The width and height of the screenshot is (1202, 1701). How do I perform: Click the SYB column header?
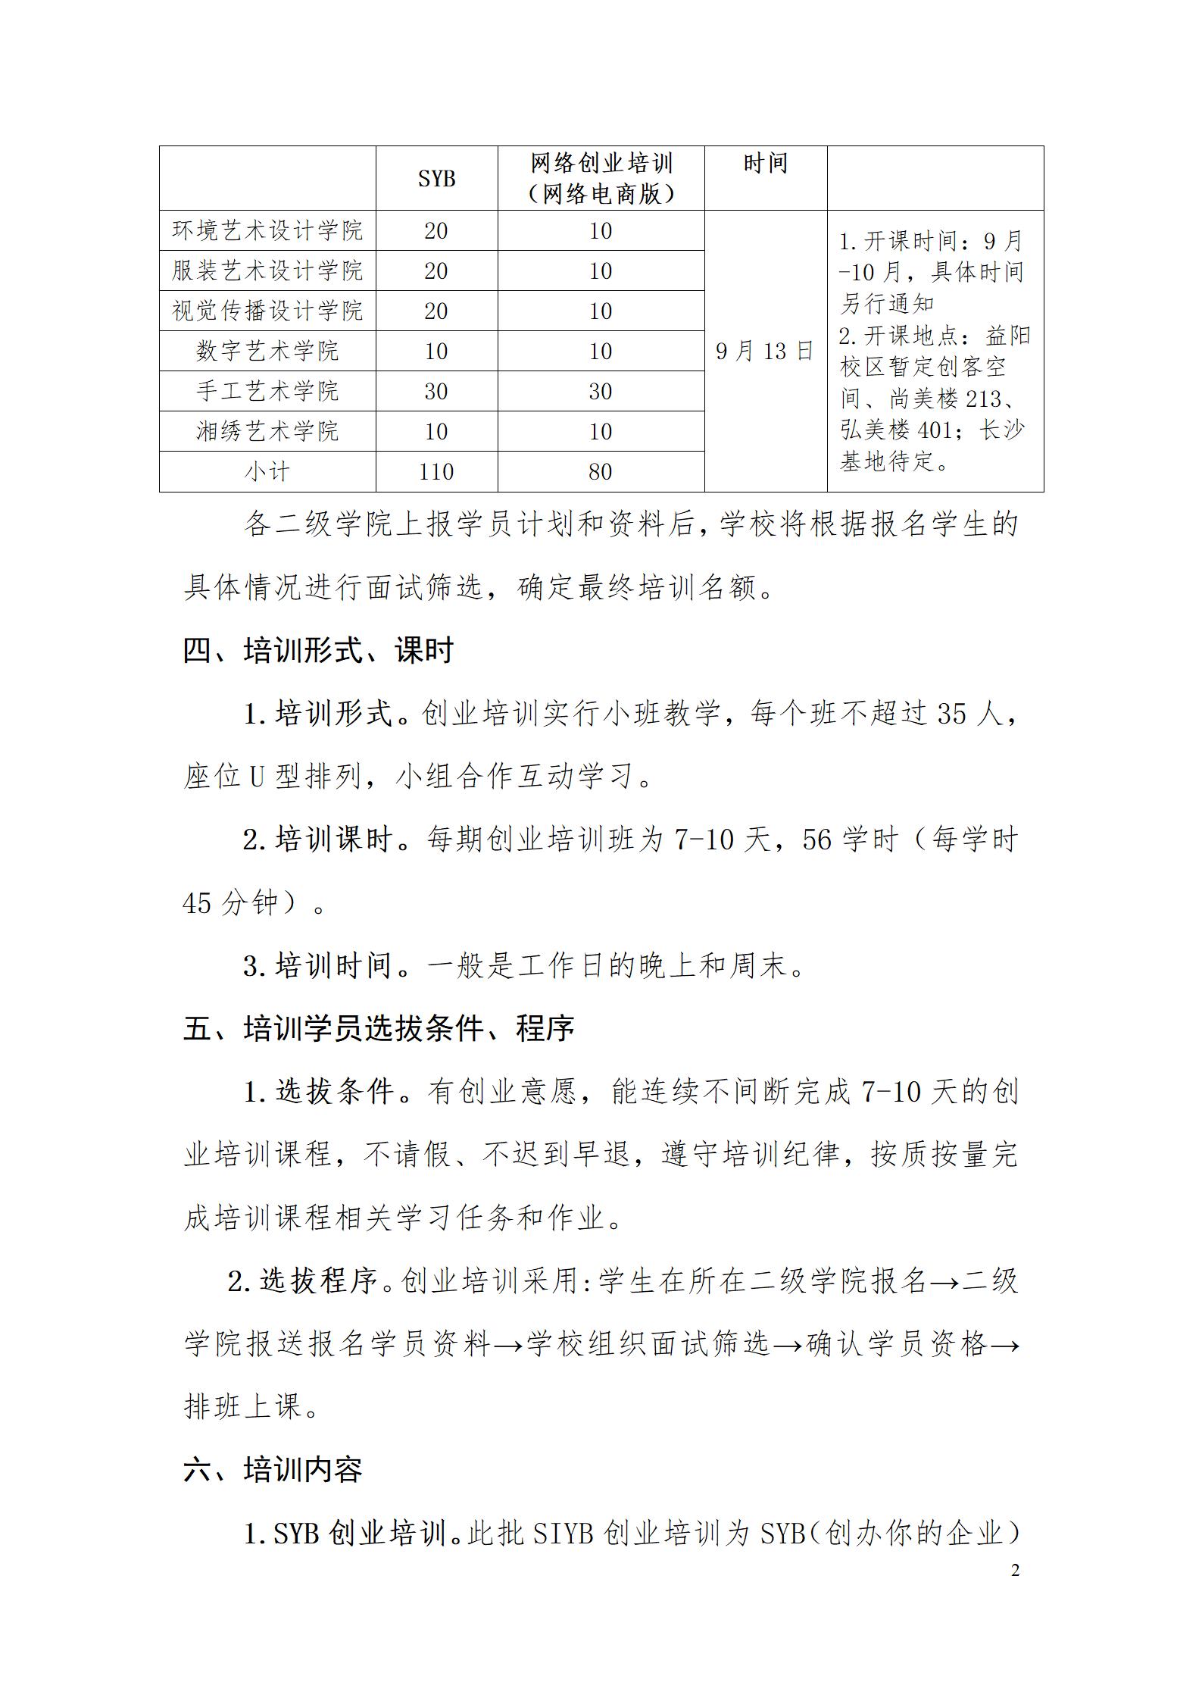point(436,179)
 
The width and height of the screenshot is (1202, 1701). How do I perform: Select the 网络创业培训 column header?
point(601,178)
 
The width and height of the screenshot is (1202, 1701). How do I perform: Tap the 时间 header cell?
point(765,164)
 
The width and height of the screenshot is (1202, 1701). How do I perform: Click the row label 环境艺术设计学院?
point(267,230)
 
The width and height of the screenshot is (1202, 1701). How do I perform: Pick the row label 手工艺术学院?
point(267,391)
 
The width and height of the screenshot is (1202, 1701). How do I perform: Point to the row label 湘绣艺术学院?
point(267,431)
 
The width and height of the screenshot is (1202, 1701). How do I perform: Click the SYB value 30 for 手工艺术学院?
point(436,392)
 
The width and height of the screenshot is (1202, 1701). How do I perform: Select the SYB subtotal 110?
point(436,472)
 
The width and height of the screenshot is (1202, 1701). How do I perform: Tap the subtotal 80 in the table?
point(601,472)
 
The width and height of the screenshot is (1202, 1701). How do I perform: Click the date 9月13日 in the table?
point(765,351)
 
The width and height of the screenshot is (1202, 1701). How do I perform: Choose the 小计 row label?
point(267,472)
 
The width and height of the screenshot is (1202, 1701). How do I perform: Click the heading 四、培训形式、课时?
point(318,651)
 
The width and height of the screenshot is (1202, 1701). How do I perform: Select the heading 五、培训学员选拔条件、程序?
point(379,1028)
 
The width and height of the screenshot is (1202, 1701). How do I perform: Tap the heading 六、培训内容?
point(273,1469)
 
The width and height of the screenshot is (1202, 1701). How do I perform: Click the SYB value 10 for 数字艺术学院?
point(436,352)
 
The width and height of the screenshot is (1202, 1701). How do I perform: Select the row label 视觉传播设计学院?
point(267,311)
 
